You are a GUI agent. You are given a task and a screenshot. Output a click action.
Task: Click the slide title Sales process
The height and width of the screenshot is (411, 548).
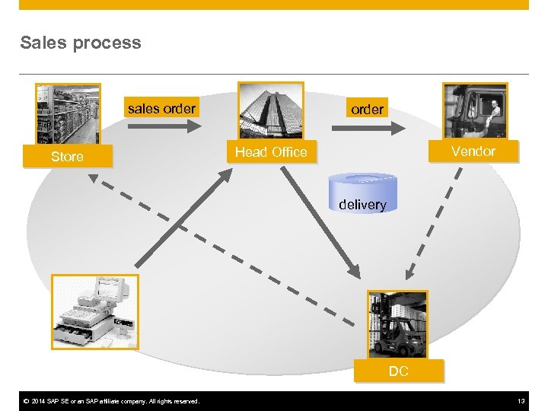(81, 43)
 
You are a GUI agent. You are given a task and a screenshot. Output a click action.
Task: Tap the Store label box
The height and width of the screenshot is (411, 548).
(67, 157)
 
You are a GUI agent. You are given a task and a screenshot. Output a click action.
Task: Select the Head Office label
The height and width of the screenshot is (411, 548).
(271, 152)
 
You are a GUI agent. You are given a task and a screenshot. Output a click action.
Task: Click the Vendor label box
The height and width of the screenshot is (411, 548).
(473, 151)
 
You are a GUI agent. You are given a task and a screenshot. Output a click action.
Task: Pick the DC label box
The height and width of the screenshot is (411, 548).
(398, 371)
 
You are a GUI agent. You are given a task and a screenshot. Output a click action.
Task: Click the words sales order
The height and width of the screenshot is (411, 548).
(161, 109)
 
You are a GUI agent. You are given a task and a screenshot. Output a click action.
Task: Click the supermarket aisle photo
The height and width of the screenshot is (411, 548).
(68, 114)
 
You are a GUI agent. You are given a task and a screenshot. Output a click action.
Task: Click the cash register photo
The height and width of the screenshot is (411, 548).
(95, 312)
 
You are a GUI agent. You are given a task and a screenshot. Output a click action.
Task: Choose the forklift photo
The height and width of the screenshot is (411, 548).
(397, 324)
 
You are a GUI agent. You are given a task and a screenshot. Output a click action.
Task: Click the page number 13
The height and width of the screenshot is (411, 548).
(521, 401)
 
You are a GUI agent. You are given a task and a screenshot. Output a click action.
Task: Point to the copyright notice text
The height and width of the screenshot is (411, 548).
(111, 401)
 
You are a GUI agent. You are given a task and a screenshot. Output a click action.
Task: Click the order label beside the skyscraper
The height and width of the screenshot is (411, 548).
(367, 110)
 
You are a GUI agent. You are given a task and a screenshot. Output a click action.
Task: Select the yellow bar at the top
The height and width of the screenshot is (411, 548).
(274, 5)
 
